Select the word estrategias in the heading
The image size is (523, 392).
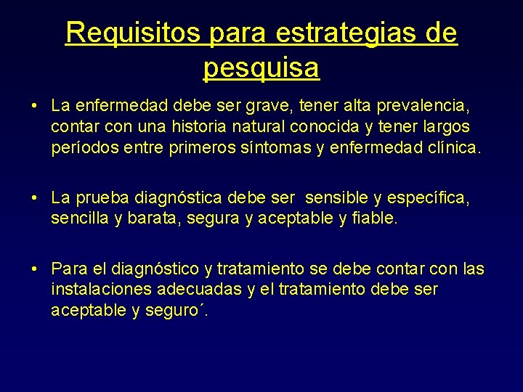click(346, 33)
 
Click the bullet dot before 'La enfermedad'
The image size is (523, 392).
click(34, 107)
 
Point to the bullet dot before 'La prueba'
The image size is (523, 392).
click(34, 198)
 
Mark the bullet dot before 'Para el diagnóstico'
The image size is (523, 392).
click(34, 269)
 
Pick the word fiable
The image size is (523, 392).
click(373, 219)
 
